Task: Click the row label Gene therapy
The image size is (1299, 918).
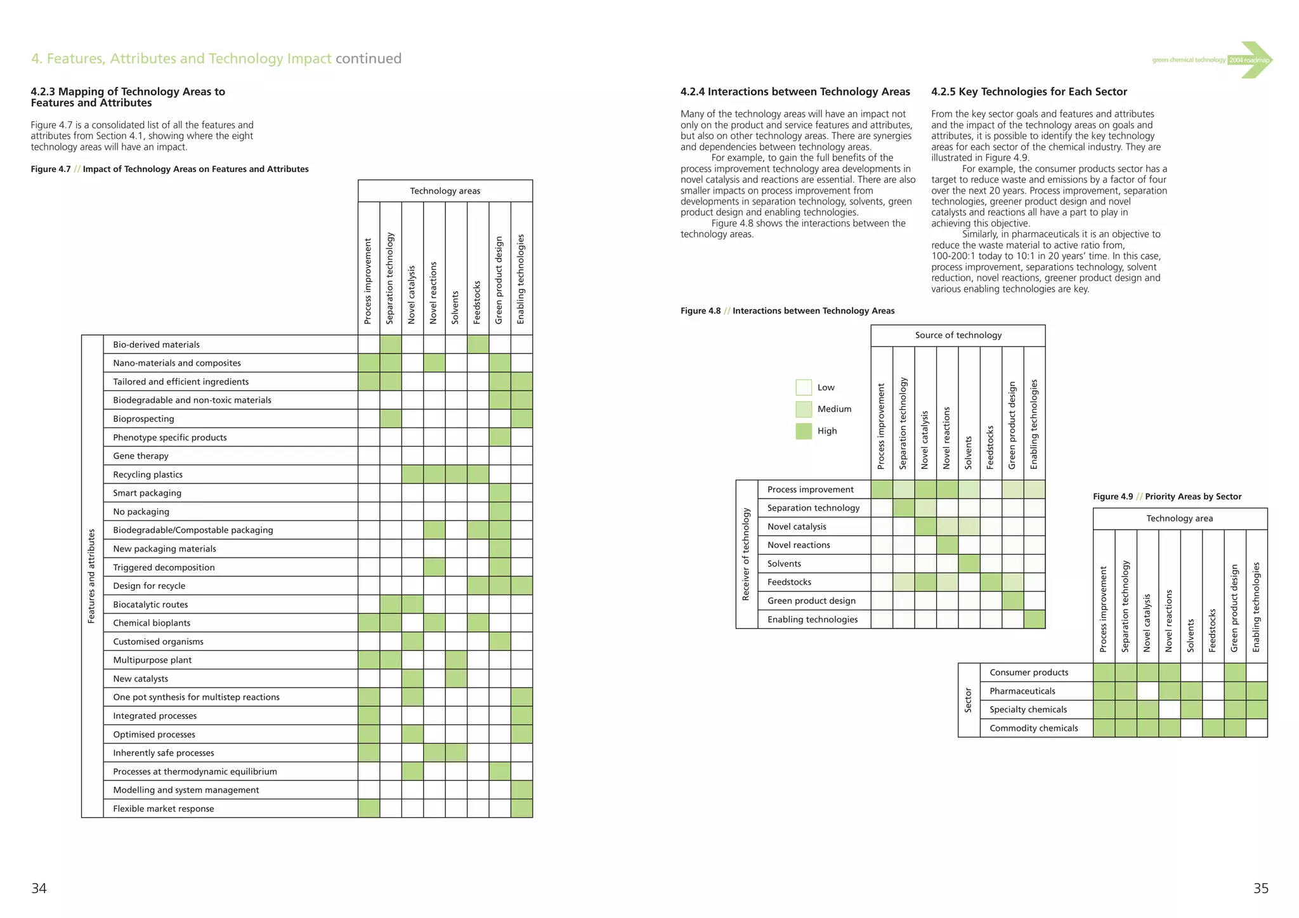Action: (141, 456)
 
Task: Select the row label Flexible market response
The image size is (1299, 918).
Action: (164, 809)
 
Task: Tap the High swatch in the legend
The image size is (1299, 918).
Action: (804, 431)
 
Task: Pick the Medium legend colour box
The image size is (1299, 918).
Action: (804, 409)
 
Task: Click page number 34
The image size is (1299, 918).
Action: (39, 889)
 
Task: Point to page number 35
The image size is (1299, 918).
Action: (1260, 889)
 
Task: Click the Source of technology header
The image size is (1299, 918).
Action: (958, 336)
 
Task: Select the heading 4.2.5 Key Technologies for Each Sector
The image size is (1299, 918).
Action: (1029, 92)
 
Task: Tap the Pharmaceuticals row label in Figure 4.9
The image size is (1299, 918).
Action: (1022, 692)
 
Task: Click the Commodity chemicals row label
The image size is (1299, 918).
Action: (1033, 728)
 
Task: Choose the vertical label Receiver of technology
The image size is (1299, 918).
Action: (746, 554)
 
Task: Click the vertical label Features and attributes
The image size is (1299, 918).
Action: (92, 576)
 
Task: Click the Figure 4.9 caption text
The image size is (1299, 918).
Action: (1167, 497)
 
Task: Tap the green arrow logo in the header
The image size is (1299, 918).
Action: (1255, 60)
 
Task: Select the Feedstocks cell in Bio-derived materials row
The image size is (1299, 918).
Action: (478, 344)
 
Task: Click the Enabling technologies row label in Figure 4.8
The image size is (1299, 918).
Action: (812, 620)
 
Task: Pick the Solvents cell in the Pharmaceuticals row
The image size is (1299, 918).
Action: (1191, 692)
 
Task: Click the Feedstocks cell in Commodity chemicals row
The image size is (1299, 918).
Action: (1213, 728)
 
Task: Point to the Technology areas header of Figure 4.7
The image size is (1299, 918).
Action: (445, 191)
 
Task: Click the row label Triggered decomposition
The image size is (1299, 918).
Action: (164, 568)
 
